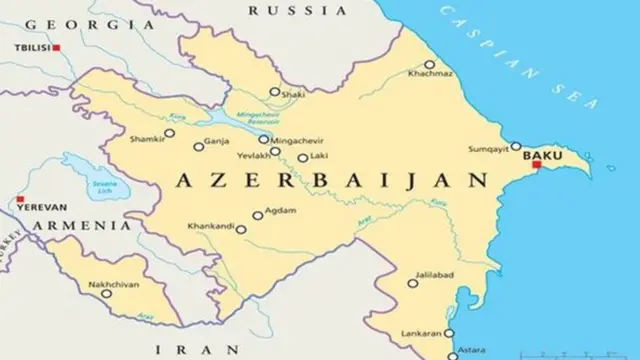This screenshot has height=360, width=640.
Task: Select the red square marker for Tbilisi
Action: coord(57,47)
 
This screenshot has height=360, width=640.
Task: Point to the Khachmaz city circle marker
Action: coord(429,65)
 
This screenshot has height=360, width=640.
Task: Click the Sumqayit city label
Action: coord(489,149)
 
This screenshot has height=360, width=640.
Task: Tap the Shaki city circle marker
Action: coord(274,92)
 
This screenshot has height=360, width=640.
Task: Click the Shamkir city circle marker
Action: coord(170,132)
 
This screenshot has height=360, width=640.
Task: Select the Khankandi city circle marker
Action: coord(241,229)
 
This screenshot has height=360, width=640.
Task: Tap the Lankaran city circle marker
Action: coord(450,332)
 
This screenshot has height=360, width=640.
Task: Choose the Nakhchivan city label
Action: coord(114,285)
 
